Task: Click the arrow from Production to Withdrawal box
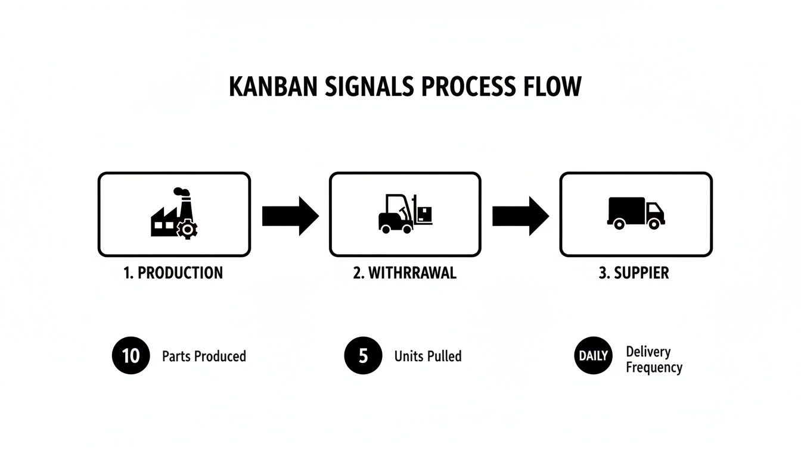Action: (290, 216)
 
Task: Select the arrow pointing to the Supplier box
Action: (520, 216)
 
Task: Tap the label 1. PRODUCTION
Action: (173, 273)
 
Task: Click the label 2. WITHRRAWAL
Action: (405, 273)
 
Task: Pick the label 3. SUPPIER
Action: (634, 273)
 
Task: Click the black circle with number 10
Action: (131, 356)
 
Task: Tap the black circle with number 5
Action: (363, 356)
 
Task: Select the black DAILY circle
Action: (594, 356)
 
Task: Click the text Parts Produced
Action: (204, 356)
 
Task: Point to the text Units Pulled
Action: (428, 356)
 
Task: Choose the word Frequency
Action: (654, 368)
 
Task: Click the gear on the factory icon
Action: (188, 228)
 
